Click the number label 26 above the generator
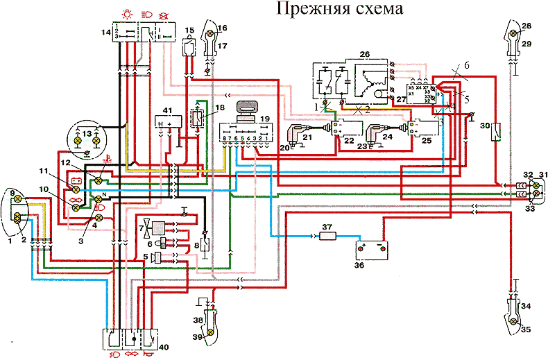point(365,53)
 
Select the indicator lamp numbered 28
point(513,33)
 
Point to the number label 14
point(105,33)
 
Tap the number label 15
point(189,30)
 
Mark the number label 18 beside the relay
point(221,108)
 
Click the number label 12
point(65,162)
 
